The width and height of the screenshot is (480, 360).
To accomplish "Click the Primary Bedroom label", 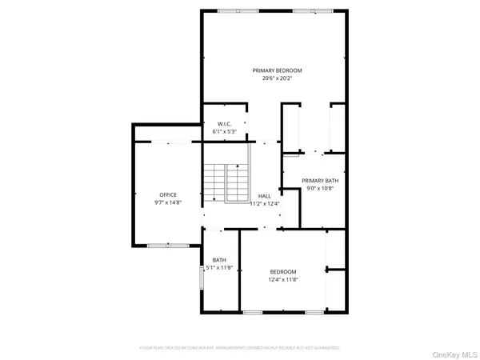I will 277,70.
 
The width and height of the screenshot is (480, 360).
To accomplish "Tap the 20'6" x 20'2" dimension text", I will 277,78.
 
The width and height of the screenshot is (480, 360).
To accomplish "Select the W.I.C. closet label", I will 224,124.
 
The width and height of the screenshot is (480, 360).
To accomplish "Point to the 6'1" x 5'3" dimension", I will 224,132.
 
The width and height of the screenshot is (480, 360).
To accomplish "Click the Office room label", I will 168,194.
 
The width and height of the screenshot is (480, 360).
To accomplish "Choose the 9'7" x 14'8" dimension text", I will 168,202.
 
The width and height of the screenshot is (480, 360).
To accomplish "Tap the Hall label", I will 264,195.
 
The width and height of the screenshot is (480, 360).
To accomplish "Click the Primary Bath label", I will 320,181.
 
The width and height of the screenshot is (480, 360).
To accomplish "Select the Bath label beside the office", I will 218,259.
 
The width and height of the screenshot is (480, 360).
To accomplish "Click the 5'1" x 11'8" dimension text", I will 218,267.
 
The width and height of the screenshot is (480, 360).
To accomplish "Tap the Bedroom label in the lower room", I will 282,271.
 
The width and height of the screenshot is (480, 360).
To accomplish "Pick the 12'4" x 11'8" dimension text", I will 282,279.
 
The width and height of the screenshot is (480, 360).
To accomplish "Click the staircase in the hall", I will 227,182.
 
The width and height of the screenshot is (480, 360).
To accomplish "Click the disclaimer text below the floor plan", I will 240,348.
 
